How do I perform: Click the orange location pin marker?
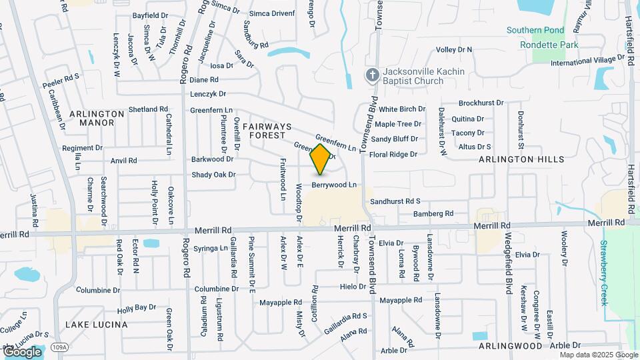(x=320, y=159)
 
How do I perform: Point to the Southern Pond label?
(x=535, y=30)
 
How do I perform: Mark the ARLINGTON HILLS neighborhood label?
(x=521, y=159)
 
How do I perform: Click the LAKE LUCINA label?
(x=97, y=325)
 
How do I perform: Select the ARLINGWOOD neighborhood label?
(x=511, y=347)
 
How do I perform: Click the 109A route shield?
(x=58, y=347)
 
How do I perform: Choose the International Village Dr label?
(x=591, y=62)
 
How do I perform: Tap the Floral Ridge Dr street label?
(x=393, y=154)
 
